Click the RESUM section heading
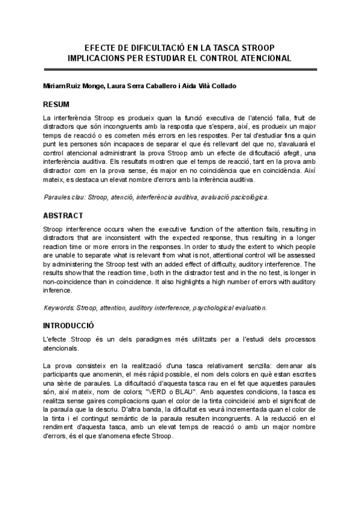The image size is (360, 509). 56,104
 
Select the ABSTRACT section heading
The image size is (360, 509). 63,215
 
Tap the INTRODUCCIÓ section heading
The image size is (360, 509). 69,325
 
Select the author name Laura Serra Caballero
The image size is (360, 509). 137,86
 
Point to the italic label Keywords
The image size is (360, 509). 59,308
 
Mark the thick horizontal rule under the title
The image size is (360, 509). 180,70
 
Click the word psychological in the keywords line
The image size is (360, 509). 215,308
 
